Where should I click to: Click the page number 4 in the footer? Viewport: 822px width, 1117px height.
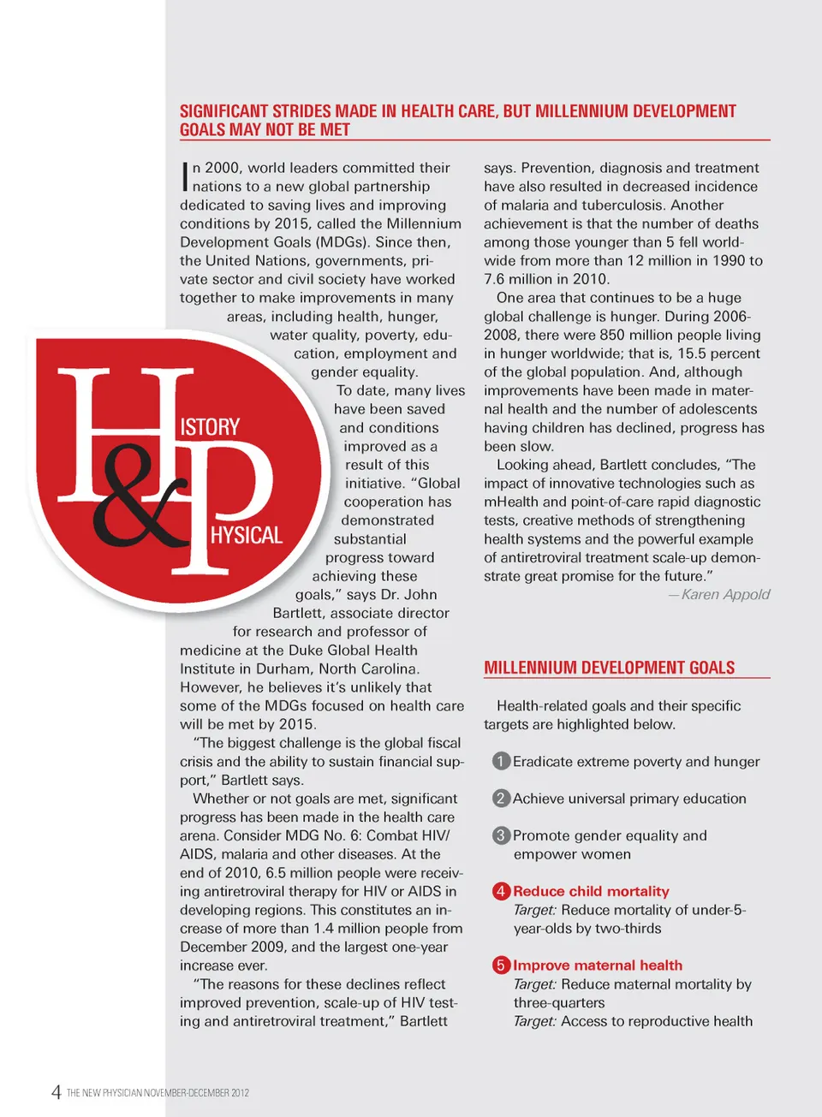tap(56, 1091)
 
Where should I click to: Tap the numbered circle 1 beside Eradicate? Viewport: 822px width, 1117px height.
tap(502, 761)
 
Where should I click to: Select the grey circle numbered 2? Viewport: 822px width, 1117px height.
tap(502, 798)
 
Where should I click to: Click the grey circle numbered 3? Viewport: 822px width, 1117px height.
tap(502, 835)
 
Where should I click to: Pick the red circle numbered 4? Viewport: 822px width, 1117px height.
tap(502, 891)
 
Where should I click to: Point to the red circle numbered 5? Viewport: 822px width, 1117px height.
tap(502, 965)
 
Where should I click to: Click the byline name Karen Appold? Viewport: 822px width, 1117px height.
tap(725, 594)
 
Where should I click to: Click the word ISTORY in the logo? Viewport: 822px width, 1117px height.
tap(210, 426)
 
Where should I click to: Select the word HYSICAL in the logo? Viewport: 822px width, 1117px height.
tap(247, 535)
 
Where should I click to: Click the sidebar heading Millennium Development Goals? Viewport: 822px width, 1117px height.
tap(609, 668)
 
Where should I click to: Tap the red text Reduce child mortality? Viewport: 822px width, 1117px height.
tap(591, 891)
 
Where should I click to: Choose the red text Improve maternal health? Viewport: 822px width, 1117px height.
tap(598, 965)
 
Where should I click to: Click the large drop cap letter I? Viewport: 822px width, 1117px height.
tap(185, 176)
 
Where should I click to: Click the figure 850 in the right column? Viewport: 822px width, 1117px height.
tap(612, 335)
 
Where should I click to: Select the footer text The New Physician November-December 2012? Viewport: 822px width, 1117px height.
tap(158, 1093)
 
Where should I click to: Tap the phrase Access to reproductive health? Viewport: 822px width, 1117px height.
tap(657, 1021)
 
